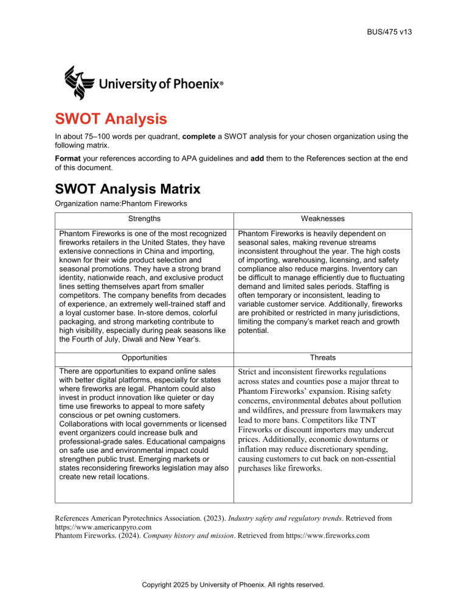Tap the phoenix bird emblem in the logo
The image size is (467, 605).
(79, 82)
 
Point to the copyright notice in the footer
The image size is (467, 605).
(233, 589)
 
